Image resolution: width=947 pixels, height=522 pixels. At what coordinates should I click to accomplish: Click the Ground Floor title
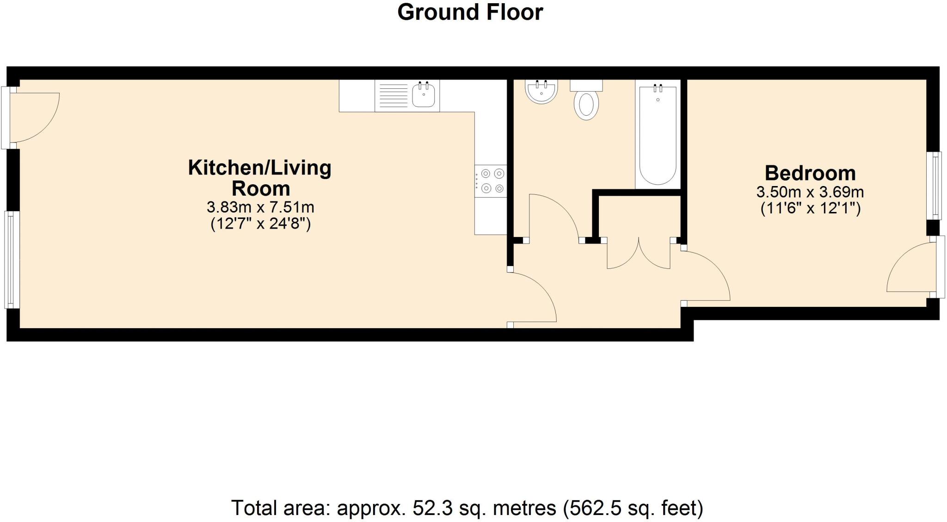pos(470,12)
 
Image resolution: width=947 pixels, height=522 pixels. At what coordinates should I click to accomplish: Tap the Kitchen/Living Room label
pos(260,178)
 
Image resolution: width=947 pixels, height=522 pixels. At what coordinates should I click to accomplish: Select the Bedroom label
pos(810,173)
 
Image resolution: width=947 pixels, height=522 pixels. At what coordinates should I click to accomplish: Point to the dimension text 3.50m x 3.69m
pos(810,192)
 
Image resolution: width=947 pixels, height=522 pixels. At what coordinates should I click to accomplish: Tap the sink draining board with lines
pos(394,96)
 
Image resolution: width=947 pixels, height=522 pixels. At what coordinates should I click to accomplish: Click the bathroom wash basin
pos(541,92)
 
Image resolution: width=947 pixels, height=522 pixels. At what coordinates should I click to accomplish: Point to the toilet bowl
pos(586,106)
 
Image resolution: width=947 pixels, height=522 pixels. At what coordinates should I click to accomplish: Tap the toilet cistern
pos(586,85)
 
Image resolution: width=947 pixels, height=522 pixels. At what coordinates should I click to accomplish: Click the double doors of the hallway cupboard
pos(638,255)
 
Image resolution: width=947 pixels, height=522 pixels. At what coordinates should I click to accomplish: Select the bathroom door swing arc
pos(555,215)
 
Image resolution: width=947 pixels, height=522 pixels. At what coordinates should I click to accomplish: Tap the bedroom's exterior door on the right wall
pos(911,268)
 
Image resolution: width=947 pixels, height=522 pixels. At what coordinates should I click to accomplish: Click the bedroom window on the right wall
pos(936,186)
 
